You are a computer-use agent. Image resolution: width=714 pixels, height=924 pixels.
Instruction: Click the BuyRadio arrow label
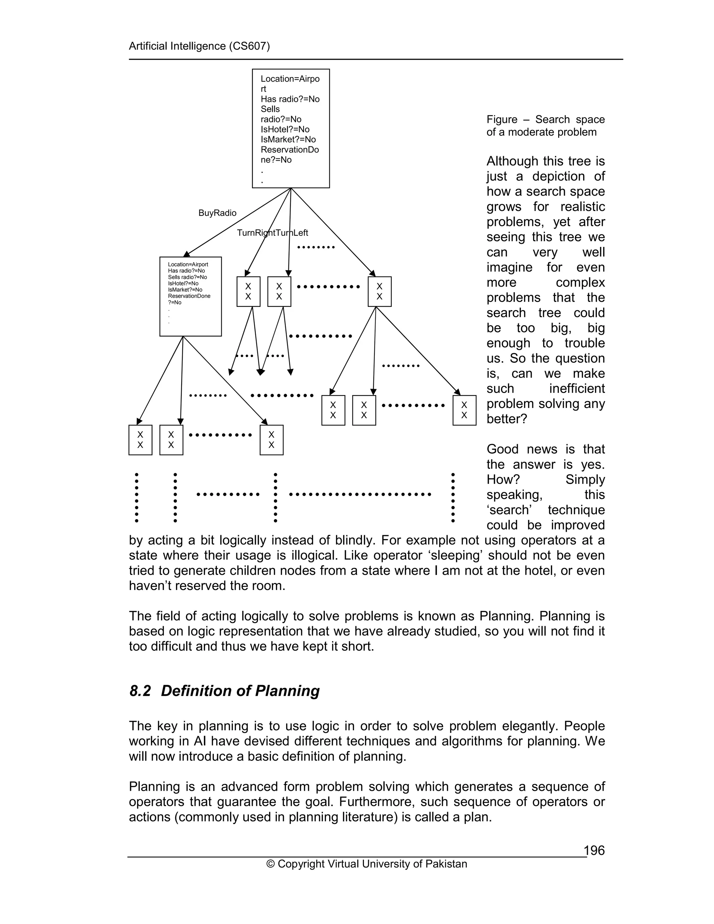[218, 213]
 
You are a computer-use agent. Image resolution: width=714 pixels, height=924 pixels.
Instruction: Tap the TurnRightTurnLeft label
[272, 233]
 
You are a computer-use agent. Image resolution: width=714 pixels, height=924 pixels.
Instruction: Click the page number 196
[594, 850]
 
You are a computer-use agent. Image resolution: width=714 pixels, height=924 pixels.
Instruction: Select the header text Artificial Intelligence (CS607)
[199, 46]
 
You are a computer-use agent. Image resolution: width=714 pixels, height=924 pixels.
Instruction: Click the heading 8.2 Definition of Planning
[225, 691]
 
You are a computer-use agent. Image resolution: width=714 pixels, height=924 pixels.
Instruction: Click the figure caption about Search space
[545, 126]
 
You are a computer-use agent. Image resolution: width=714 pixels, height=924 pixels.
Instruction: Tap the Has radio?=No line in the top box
[290, 99]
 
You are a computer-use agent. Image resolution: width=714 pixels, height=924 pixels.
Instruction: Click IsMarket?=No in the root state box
[288, 139]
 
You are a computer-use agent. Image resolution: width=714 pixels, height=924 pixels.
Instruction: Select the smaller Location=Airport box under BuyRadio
[190, 296]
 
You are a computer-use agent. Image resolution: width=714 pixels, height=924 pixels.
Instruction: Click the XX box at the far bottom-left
[140, 440]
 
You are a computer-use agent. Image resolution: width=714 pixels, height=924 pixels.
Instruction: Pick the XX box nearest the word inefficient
[464, 410]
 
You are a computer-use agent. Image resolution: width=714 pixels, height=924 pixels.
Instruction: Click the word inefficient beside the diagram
[577, 388]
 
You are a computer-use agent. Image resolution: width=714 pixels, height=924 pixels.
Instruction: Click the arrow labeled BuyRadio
[237, 222]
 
